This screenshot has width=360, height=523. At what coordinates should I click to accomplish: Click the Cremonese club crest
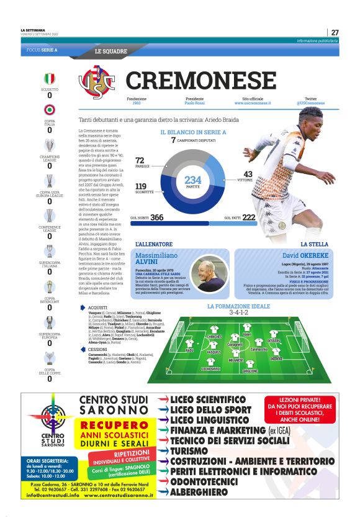97,81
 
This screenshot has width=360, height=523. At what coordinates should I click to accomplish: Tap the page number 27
335,32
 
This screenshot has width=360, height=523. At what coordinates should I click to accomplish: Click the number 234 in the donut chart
193,180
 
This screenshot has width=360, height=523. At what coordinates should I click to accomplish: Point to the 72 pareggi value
140,161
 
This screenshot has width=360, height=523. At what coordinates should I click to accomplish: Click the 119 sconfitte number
141,186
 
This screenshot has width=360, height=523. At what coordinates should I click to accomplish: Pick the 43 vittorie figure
248,175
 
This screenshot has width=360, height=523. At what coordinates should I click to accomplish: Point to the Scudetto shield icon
49,79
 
